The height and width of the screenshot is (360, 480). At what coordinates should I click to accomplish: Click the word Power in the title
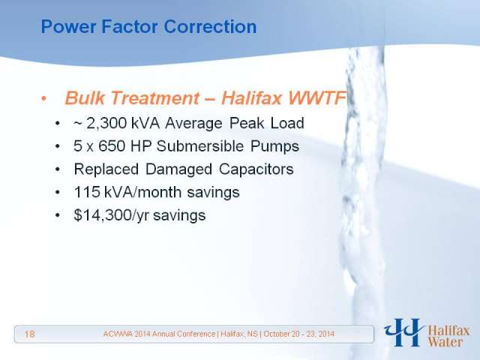pos(68,27)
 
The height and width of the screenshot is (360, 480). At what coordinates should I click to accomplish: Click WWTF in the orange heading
pos(316,98)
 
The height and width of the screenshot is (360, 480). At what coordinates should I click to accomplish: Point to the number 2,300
pos(106,123)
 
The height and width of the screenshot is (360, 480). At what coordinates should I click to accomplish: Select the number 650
pos(112,146)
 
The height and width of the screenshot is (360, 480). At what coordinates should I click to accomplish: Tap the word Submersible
pos(200,146)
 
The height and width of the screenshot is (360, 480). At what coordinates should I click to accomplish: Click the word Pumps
pos(274,146)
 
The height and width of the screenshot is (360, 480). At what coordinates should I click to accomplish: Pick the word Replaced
pos(106,169)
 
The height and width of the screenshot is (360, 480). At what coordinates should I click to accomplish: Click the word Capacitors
pos(256,169)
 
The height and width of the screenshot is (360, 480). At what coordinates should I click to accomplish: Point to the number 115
pos(87,192)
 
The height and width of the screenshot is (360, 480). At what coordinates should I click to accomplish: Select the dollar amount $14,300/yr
pos(112,215)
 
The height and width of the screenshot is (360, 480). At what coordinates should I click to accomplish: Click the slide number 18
pos(30,334)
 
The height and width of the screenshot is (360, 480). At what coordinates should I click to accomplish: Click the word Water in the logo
pos(445,342)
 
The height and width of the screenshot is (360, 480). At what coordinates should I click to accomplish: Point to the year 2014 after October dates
pos(326,334)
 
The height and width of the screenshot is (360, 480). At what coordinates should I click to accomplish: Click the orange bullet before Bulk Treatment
pos(44,98)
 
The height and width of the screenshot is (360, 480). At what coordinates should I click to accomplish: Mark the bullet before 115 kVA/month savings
pos(58,193)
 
